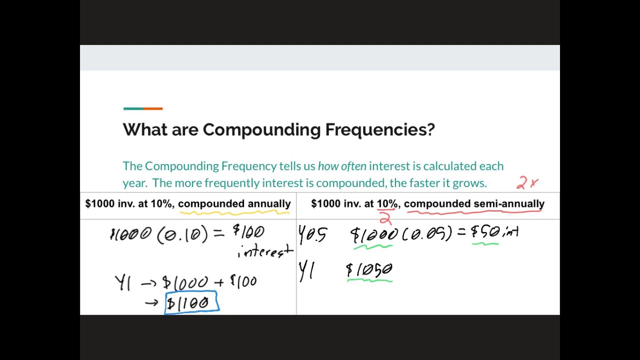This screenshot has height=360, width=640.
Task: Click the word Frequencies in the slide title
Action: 380,130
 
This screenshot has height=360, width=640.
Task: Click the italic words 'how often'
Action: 342,166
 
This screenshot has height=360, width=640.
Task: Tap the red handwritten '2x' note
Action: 527,183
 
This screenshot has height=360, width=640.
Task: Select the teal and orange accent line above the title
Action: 143,108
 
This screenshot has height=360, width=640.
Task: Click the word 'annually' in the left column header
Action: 269,204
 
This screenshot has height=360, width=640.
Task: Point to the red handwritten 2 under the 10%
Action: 384,218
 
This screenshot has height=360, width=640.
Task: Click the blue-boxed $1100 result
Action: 191,303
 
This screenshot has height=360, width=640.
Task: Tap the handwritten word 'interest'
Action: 265,251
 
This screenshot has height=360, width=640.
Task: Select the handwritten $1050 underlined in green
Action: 369,270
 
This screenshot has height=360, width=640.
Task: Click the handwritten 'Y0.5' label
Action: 312,234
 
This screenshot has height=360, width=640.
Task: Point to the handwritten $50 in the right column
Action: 485,232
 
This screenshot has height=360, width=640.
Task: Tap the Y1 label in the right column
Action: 306,271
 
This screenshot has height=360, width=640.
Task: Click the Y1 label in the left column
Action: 123,282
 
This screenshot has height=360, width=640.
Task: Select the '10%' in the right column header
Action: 387,204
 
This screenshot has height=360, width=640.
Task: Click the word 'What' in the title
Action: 145,130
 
